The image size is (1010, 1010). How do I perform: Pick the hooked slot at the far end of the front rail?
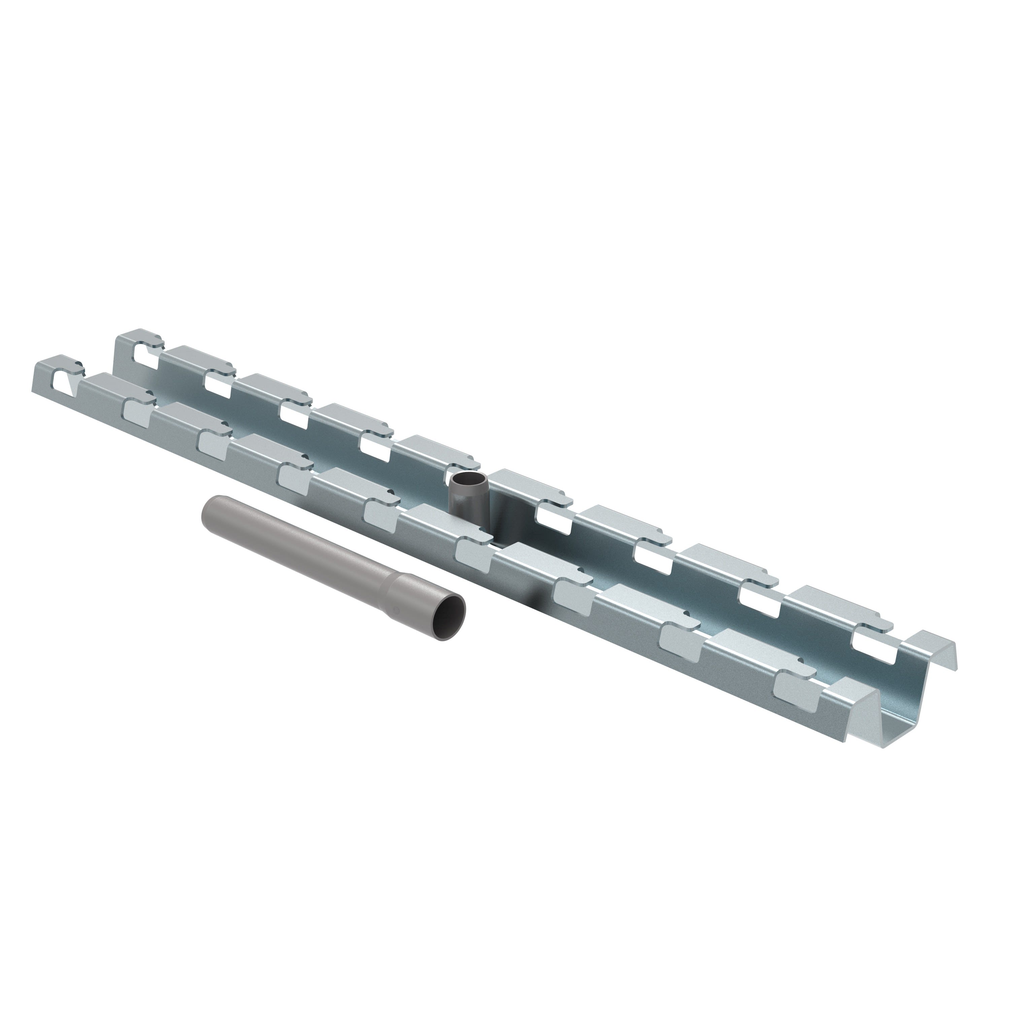(64, 380)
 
